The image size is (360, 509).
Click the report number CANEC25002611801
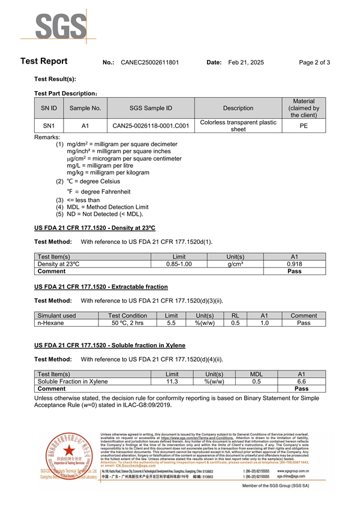pos(149,62)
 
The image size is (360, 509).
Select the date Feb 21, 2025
pos(246,62)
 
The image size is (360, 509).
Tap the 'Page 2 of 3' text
pos(314,62)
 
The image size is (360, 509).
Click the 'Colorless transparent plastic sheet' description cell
pos(238,126)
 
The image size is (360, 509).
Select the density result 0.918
pos(293,264)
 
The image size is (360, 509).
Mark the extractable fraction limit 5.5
pos(171,323)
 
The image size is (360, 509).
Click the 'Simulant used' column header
pos(56,315)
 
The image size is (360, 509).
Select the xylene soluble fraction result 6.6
pos(302,381)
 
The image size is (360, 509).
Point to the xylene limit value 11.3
pos(172,381)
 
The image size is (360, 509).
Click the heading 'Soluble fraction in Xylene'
pos(110,345)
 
